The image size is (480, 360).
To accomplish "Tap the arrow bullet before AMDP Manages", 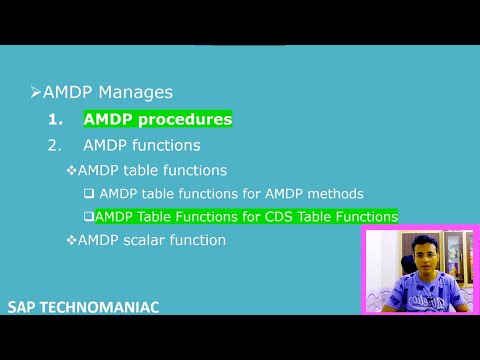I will coord(35,92).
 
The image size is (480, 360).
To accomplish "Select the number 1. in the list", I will coord(57,119).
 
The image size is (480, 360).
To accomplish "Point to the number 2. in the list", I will coord(55,145).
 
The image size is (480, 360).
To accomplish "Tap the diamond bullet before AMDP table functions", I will coord(71,170).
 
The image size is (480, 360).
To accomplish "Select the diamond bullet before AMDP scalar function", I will coord(71,240).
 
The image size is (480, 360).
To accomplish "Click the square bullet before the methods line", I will coord(89,193).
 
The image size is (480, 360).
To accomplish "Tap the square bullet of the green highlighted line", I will coord(89,216).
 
